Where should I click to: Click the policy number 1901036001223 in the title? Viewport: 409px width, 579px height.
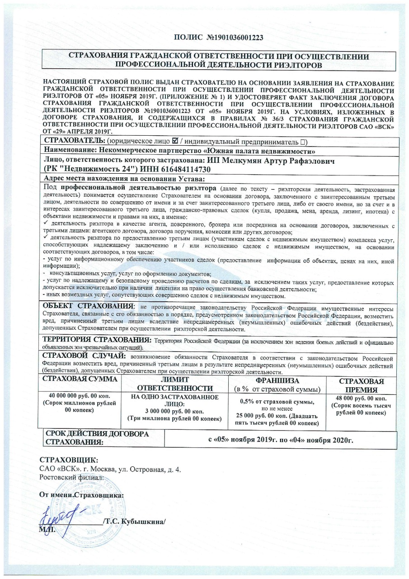[x=239, y=38]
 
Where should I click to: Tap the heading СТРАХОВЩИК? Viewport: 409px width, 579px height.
[x=69, y=461]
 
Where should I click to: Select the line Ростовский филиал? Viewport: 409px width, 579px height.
[x=72, y=477]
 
